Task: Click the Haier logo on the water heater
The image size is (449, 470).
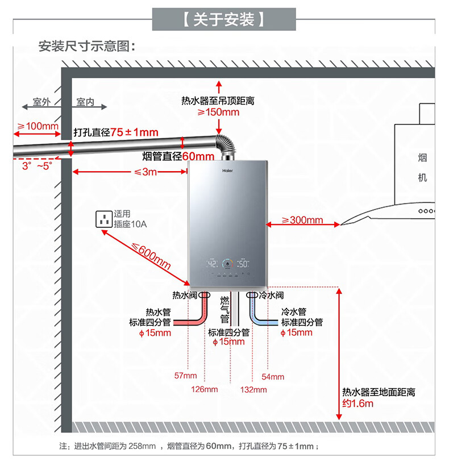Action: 227,170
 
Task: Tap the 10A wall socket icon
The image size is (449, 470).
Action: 104,219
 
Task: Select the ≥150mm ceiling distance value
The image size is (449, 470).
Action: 218,112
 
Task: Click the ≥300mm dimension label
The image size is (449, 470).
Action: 302,220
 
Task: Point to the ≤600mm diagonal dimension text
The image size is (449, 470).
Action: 151,256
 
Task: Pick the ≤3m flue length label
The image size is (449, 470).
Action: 145,172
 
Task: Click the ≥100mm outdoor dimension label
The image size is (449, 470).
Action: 38,126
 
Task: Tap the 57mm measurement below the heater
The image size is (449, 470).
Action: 185,376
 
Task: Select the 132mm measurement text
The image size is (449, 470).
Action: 253,390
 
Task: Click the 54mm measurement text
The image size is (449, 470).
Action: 273,377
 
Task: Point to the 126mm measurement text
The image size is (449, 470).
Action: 205,389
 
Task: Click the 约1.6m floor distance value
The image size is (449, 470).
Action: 358,404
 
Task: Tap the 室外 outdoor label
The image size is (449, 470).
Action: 41,102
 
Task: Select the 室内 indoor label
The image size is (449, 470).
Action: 85,102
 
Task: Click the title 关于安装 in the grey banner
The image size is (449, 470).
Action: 224,19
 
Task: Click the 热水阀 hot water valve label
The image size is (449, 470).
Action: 184,296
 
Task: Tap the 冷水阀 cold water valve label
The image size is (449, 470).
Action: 271,296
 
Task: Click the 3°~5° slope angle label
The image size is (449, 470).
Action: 37,166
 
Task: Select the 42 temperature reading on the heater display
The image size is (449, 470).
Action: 212,264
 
